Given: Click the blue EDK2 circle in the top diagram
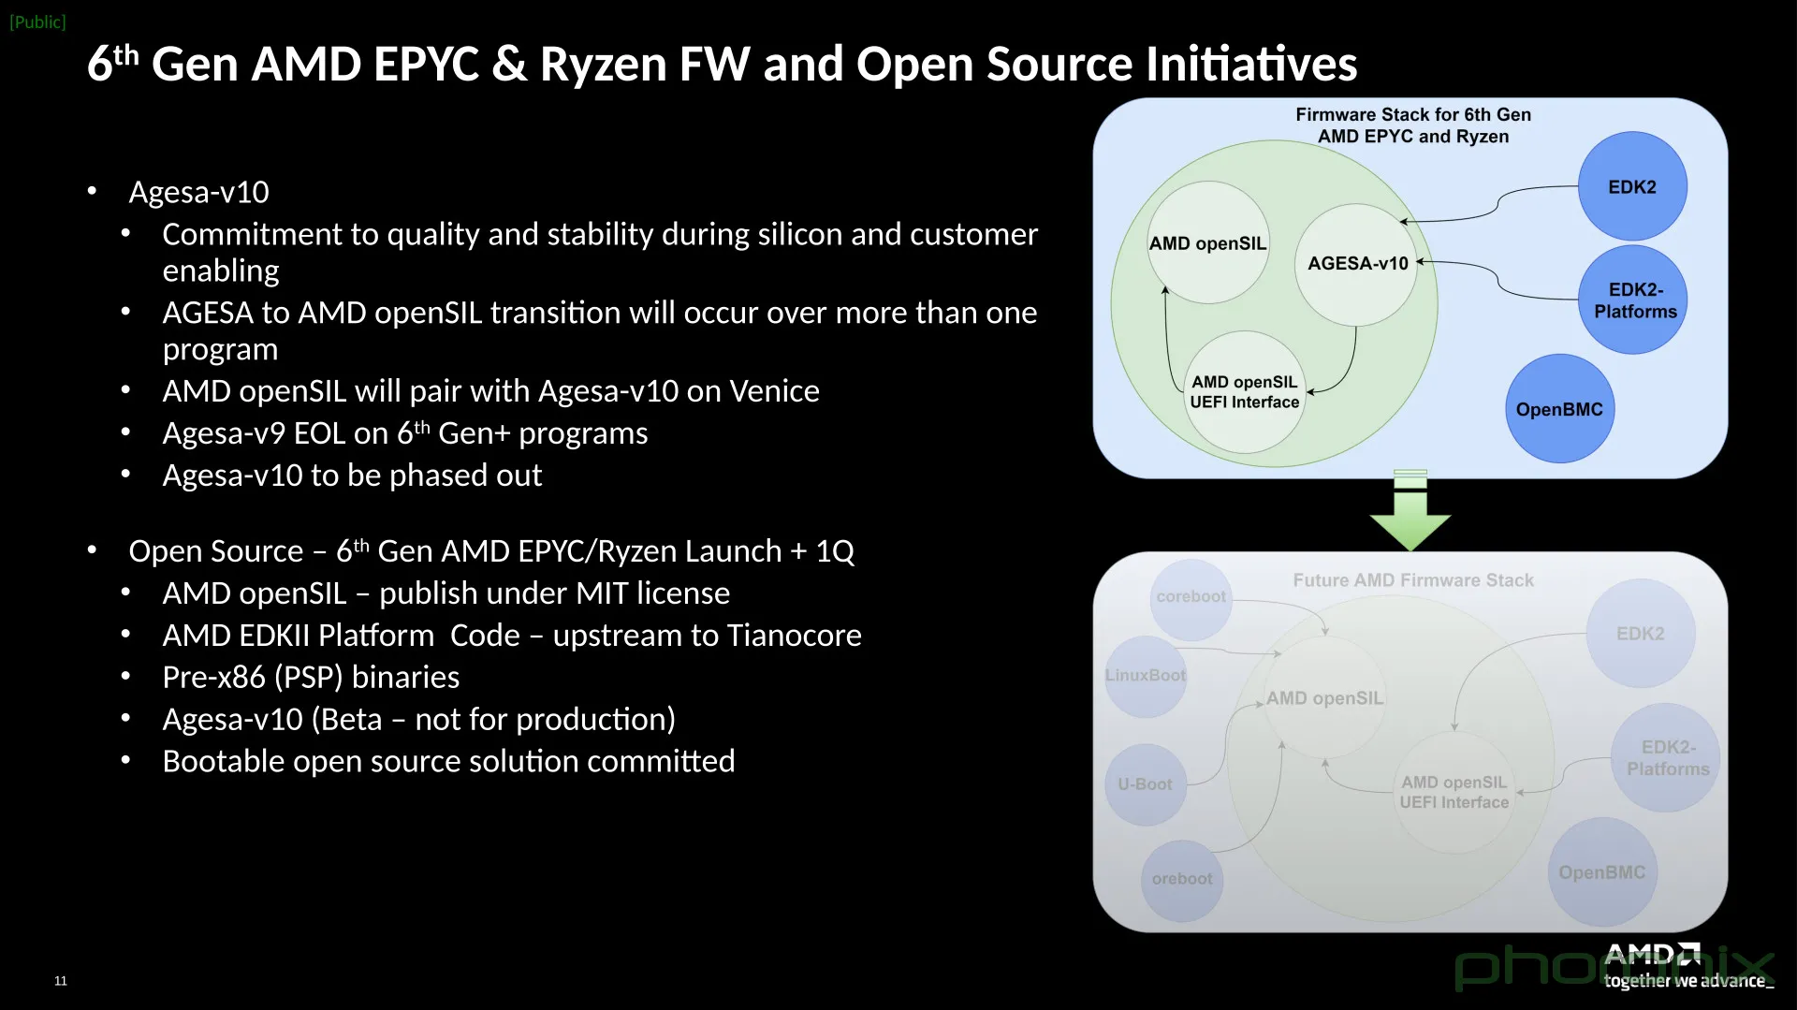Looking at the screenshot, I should point(1632,186).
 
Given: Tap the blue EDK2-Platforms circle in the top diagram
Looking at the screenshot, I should point(1634,300).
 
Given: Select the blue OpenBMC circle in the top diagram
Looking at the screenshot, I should point(1559,409).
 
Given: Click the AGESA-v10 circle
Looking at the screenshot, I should point(1357,264).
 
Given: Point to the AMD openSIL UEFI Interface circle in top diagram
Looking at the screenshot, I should point(1244,392).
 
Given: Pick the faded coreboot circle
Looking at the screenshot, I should point(1191,597).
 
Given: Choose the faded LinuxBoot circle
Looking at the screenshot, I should point(1145,676).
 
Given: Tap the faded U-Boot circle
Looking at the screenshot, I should point(1145,784).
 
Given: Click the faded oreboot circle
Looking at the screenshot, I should point(1182,879).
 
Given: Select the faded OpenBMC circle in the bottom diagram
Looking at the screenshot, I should point(1601,872).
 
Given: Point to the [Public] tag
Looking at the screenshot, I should point(37,22).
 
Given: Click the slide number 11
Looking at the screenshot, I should point(61,981).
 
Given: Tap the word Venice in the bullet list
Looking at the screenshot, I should point(774,391).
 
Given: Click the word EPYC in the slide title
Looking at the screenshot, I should point(426,65).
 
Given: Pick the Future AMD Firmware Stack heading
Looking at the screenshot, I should point(1413,580).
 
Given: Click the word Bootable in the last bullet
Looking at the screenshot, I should point(222,762).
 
